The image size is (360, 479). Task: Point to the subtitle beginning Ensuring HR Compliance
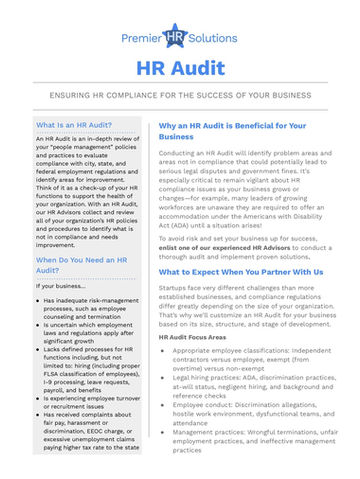(180, 98)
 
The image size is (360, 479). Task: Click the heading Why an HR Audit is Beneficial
(232, 131)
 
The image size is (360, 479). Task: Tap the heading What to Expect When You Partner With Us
(241, 272)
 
